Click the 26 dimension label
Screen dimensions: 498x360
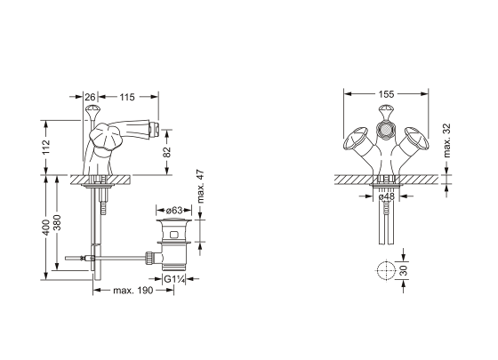[x=90, y=97]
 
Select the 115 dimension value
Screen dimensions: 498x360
[x=127, y=97]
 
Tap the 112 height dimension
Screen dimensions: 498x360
[x=46, y=147]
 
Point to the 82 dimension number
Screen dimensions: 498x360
[x=167, y=152]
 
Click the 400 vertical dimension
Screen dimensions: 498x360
[x=46, y=228]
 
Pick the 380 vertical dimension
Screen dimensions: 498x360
[x=57, y=223]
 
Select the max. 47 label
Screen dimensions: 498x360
[x=200, y=187]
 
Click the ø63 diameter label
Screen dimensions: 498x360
[x=174, y=210]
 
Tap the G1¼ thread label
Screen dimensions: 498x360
[x=174, y=279]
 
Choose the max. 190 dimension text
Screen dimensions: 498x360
[x=133, y=290]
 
